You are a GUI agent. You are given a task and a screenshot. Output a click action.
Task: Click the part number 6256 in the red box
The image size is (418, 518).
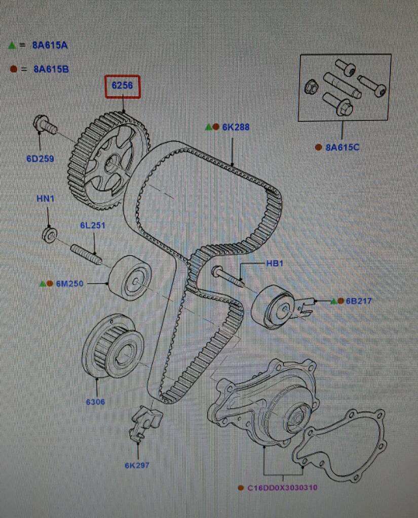click(122, 86)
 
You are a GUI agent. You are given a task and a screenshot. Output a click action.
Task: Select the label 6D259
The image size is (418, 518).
click(40, 158)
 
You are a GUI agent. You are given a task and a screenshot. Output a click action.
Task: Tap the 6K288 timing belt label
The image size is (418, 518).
click(236, 127)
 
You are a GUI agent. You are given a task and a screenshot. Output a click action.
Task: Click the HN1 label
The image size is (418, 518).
click(45, 198)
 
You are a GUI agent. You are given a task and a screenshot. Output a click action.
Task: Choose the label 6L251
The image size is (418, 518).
click(92, 225)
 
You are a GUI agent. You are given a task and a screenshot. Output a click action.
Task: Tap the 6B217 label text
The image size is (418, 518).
click(359, 301)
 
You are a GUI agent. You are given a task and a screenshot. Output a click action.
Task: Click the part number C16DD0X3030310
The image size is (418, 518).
click(282, 488)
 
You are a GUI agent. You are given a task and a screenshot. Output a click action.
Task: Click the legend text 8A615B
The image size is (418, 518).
click(51, 69)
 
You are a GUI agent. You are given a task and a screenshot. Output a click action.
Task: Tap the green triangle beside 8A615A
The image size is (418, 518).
click(11, 45)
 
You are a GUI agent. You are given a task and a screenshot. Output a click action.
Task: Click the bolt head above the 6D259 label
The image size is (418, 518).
click(41, 123)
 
